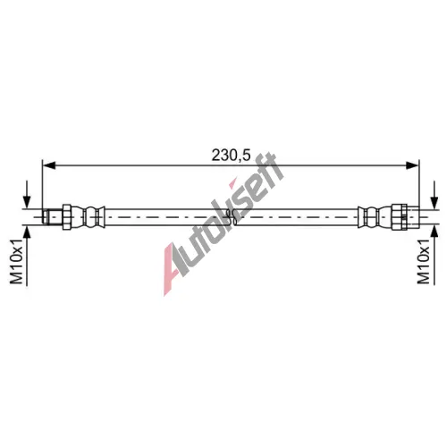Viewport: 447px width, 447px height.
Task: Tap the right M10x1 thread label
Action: [x=424, y=261]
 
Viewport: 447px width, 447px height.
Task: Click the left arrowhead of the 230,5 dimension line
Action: [x=49, y=165]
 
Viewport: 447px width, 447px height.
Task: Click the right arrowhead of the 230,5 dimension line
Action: [x=412, y=165]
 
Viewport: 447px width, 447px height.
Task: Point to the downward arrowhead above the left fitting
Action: [x=27, y=203]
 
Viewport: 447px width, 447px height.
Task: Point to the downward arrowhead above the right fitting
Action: [x=435, y=203]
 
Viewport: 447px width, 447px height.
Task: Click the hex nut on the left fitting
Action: [x=67, y=217]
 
